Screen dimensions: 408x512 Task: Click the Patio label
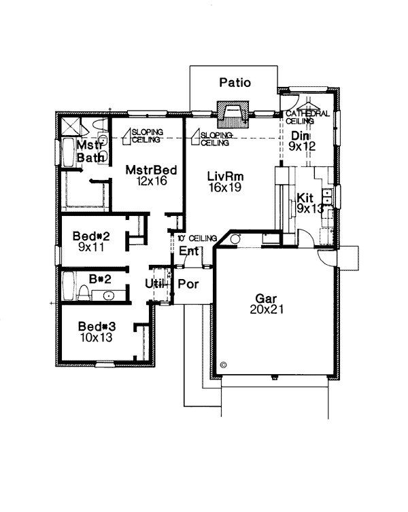[x=235, y=83]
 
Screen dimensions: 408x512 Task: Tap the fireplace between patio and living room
[x=233, y=114]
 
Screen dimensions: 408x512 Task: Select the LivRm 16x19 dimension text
[x=225, y=187]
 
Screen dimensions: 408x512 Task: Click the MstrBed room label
[x=151, y=170]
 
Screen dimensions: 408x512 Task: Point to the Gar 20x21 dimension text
[x=267, y=309]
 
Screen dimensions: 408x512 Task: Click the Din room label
[x=300, y=136]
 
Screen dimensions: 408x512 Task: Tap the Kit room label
[x=305, y=198]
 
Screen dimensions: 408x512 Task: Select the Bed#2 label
[x=91, y=236]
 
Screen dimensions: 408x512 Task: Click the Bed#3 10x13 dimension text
[x=97, y=337]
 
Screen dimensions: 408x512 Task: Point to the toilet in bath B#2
[x=84, y=293]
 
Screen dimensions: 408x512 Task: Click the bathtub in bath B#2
[x=68, y=286]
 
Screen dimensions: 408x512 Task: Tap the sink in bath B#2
[x=108, y=296]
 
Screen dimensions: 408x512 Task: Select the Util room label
[x=154, y=284]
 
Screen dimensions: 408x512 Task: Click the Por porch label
[x=188, y=284]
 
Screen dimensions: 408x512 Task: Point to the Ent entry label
[x=189, y=251]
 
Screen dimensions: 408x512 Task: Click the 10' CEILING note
[x=197, y=238]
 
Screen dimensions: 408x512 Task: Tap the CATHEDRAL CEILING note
[x=307, y=117]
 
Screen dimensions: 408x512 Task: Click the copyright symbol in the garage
[x=224, y=365]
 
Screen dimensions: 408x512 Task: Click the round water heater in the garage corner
[x=235, y=239]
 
